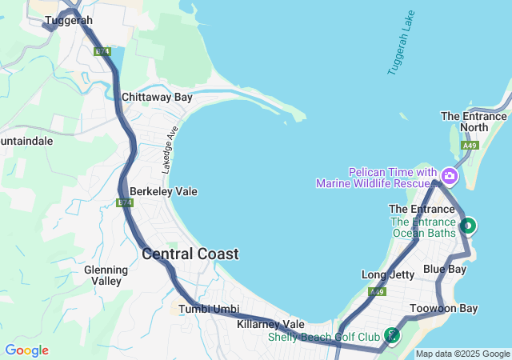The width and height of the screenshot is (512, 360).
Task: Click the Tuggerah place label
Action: (69, 20)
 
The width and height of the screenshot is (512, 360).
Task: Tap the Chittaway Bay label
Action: (157, 98)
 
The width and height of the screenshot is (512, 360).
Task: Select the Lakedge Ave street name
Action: (169, 150)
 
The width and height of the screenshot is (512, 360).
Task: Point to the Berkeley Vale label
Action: (163, 192)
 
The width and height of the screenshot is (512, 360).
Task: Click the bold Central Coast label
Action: (190, 254)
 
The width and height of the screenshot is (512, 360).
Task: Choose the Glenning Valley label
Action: (106, 275)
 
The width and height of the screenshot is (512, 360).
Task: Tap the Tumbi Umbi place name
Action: (209, 309)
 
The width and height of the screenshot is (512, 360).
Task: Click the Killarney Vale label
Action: (271, 324)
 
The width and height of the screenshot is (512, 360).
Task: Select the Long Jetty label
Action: (388, 275)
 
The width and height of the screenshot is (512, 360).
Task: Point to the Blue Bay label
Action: (445, 270)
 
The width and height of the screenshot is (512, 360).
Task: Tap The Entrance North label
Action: (474, 122)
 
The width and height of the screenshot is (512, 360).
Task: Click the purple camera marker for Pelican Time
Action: (449, 175)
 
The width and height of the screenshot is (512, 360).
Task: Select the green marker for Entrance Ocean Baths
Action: (466, 226)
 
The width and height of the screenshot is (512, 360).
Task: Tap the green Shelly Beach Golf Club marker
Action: (391, 335)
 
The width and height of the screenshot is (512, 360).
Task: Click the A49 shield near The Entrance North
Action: (470, 146)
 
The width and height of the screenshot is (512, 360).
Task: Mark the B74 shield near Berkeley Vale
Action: (124, 203)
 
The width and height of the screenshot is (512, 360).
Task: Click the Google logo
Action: (26, 350)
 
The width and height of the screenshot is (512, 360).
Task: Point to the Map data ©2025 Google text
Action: (462, 354)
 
